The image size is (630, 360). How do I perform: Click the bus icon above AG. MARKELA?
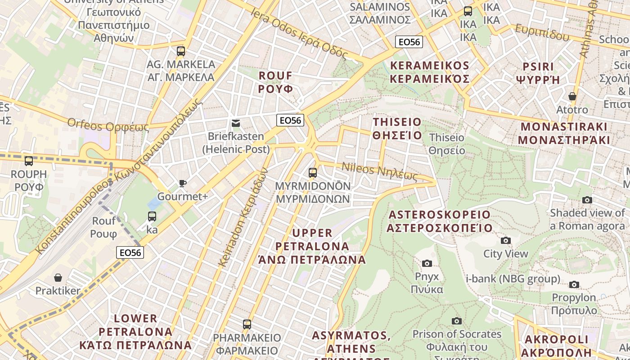[x=181, y=51]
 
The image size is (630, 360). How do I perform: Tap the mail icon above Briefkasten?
[x=235, y=123]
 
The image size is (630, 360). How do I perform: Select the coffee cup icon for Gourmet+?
[x=182, y=183]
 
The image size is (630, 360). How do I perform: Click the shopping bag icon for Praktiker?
[x=58, y=278]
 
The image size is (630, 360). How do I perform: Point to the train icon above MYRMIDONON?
[x=312, y=172]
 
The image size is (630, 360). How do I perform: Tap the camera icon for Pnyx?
[x=427, y=263]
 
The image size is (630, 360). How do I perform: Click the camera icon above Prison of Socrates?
[x=457, y=321]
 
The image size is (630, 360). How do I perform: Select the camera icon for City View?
[x=506, y=241]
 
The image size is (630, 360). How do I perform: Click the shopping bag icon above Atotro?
[x=572, y=96]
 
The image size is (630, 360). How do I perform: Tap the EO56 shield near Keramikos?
[x=409, y=42]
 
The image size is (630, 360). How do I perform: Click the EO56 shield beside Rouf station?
[x=130, y=252]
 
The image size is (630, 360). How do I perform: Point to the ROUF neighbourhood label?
[x=275, y=82]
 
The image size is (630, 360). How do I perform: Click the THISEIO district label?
[x=397, y=129]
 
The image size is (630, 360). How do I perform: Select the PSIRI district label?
[x=538, y=73]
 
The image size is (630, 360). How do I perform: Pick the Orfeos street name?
[x=108, y=125]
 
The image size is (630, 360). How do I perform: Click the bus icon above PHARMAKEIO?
[x=247, y=324]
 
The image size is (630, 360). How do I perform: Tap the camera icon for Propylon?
[x=574, y=284]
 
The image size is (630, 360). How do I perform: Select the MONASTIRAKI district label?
[x=563, y=133]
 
